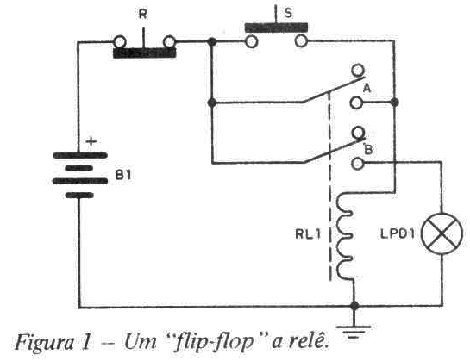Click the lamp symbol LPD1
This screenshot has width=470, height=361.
tap(442, 233)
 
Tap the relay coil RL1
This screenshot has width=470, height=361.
tap(345, 237)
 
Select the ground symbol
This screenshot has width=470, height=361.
tap(354, 332)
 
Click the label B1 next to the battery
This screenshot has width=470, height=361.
tap(123, 175)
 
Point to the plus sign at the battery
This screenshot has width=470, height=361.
tap(91, 140)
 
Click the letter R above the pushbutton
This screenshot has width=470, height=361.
tap(143, 14)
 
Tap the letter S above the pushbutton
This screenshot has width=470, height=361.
tap(288, 13)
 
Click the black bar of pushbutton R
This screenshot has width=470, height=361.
tap(144, 53)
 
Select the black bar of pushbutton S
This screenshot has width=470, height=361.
tap(276, 28)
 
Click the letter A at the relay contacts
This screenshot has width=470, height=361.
tap(367, 89)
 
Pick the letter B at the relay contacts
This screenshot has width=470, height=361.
tap(368, 149)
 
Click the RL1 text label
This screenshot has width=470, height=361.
tap(308, 234)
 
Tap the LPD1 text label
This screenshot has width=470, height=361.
tap(398, 234)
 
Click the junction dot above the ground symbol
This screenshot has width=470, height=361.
tap(354, 306)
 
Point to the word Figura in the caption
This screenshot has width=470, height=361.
tap(44, 343)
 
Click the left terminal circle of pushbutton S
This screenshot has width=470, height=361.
tap(251, 41)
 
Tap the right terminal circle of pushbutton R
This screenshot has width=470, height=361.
tap(169, 41)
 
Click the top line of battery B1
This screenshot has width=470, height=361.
tap(80, 155)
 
